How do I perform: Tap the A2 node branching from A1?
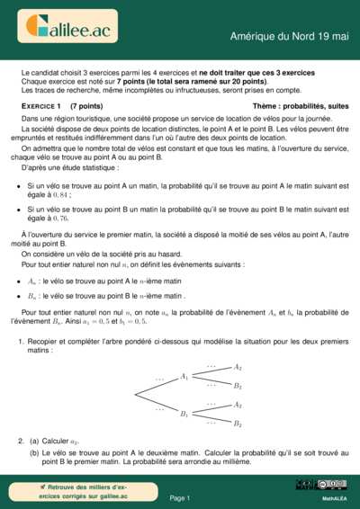coord(238,367)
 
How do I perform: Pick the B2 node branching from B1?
coord(238,423)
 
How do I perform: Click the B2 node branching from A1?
coord(238,385)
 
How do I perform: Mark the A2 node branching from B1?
coord(238,405)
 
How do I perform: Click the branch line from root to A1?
coord(157,386)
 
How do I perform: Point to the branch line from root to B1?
coord(157,405)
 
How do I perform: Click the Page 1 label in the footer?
coord(179,497)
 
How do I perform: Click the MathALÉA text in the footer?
coord(334,497)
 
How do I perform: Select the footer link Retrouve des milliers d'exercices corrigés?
coord(76,491)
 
